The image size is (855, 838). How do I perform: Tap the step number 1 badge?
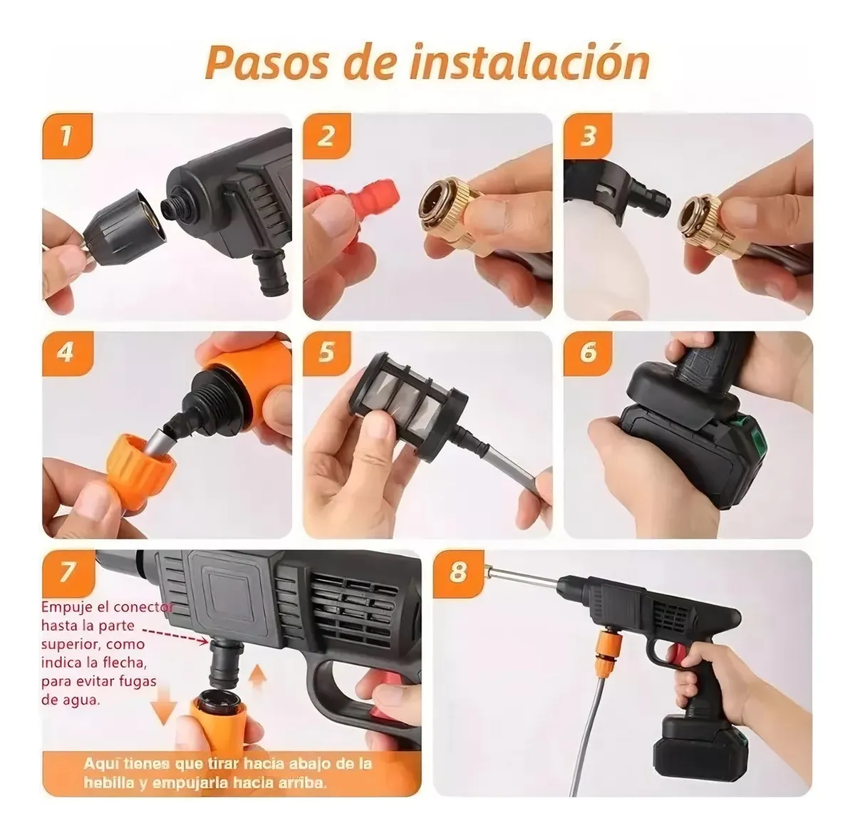[x=66, y=135]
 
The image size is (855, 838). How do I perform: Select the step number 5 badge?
[x=326, y=352]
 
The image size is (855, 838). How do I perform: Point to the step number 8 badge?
[x=457, y=571]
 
